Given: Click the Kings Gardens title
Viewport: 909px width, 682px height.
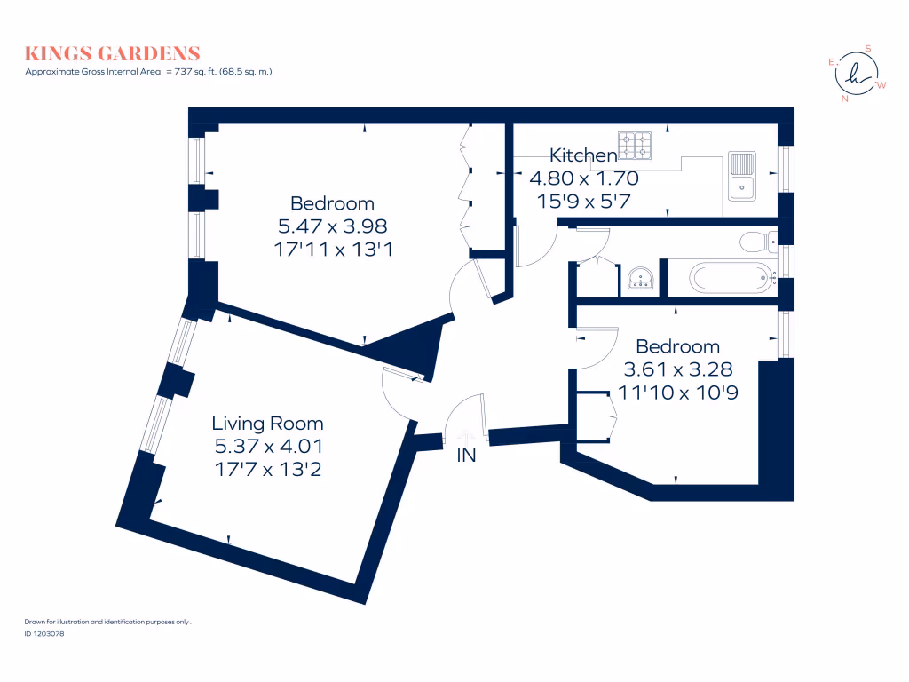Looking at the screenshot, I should coord(113,54).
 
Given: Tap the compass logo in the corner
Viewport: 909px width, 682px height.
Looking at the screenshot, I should coord(856,75).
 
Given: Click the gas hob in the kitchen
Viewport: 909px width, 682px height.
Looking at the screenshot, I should coord(635,146).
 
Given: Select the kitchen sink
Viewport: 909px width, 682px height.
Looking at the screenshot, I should coord(741,175).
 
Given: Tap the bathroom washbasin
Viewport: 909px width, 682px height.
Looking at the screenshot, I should coord(640,279).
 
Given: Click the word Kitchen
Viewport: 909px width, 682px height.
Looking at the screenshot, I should coord(583,155).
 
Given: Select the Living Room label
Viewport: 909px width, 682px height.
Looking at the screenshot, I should coord(267,424).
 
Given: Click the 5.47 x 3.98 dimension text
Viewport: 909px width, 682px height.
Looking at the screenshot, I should coord(332,226).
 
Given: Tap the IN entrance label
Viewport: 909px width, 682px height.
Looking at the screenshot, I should coord(466,456).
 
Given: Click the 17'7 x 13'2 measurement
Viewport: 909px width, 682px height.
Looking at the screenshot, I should coord(267,470).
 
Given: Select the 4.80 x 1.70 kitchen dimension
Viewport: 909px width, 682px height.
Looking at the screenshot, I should coord(583,178).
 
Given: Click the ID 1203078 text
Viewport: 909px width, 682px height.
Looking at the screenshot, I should coord(45,633).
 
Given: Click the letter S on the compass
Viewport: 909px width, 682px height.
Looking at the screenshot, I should coord(868,48).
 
